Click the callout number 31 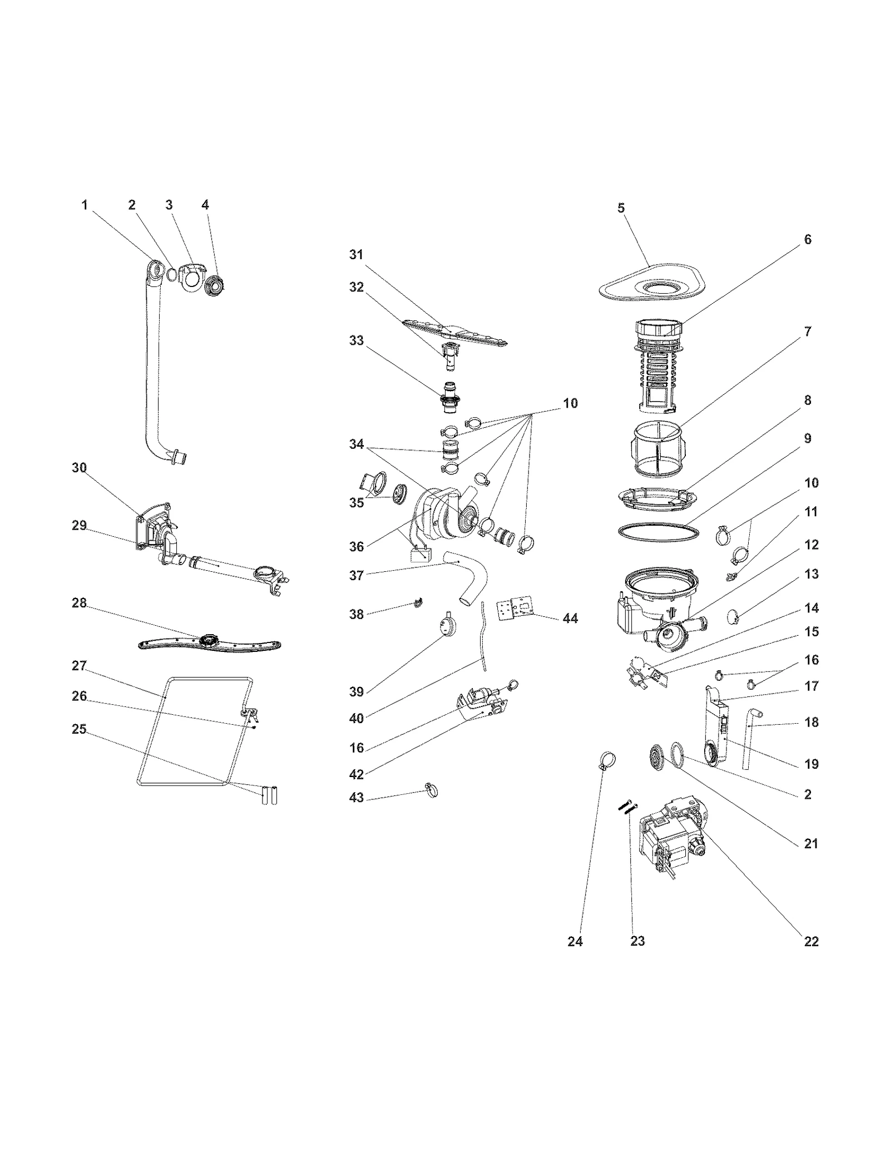tap(356, 255)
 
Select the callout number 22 tap(811, 941)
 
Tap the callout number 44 tap(570, 618)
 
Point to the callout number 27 tap(80, 666)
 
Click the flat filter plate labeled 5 tap(652, 288)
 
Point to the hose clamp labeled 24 tap(608, 759)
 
